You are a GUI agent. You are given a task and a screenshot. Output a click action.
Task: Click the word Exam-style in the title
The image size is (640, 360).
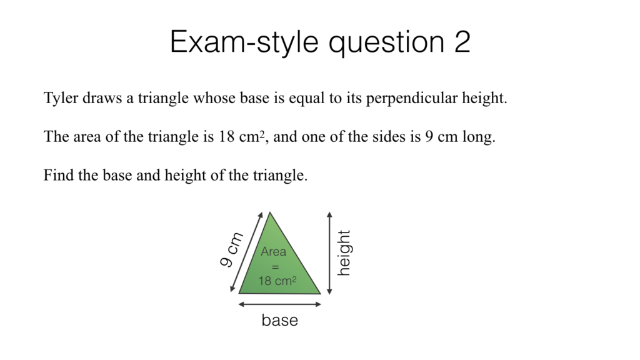(x=244, y=42)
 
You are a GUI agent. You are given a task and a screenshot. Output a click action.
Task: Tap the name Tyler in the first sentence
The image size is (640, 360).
(x=60, y=99)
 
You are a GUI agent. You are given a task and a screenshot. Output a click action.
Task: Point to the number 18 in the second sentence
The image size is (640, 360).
(x=226, y=137)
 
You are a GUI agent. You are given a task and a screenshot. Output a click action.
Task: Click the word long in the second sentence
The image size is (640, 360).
(x=479, y=137)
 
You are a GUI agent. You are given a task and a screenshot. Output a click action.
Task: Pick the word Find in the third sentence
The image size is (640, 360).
(x=57, y=176)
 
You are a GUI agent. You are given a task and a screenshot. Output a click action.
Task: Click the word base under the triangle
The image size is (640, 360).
(x=279, y=321)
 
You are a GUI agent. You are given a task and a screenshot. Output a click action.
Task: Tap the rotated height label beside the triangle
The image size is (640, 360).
(x=344, y=253)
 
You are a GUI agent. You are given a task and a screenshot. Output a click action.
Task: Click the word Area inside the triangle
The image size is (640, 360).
(x=273, y=252)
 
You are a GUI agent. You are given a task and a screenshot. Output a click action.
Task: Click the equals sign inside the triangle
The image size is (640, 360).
(x=275, y=267)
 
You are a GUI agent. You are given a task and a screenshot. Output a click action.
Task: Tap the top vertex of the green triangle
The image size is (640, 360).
(x=270, y=213)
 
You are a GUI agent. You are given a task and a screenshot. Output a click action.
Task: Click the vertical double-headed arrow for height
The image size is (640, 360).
(x=329, y=253)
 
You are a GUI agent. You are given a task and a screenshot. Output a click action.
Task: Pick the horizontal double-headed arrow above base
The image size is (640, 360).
(x=280, y=304)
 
